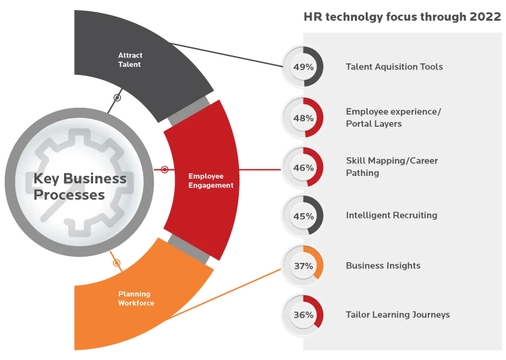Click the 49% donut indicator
304,67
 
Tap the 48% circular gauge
304,118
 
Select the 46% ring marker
304,167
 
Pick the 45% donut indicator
304,216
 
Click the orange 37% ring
304,266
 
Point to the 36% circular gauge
304,315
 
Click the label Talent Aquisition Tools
394,67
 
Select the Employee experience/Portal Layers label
393,117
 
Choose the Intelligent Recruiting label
391,216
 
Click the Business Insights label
383,266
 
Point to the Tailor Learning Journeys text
397,315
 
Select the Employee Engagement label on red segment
210,181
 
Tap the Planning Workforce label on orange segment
136,299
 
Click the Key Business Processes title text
80,187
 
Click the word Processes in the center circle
69,196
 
